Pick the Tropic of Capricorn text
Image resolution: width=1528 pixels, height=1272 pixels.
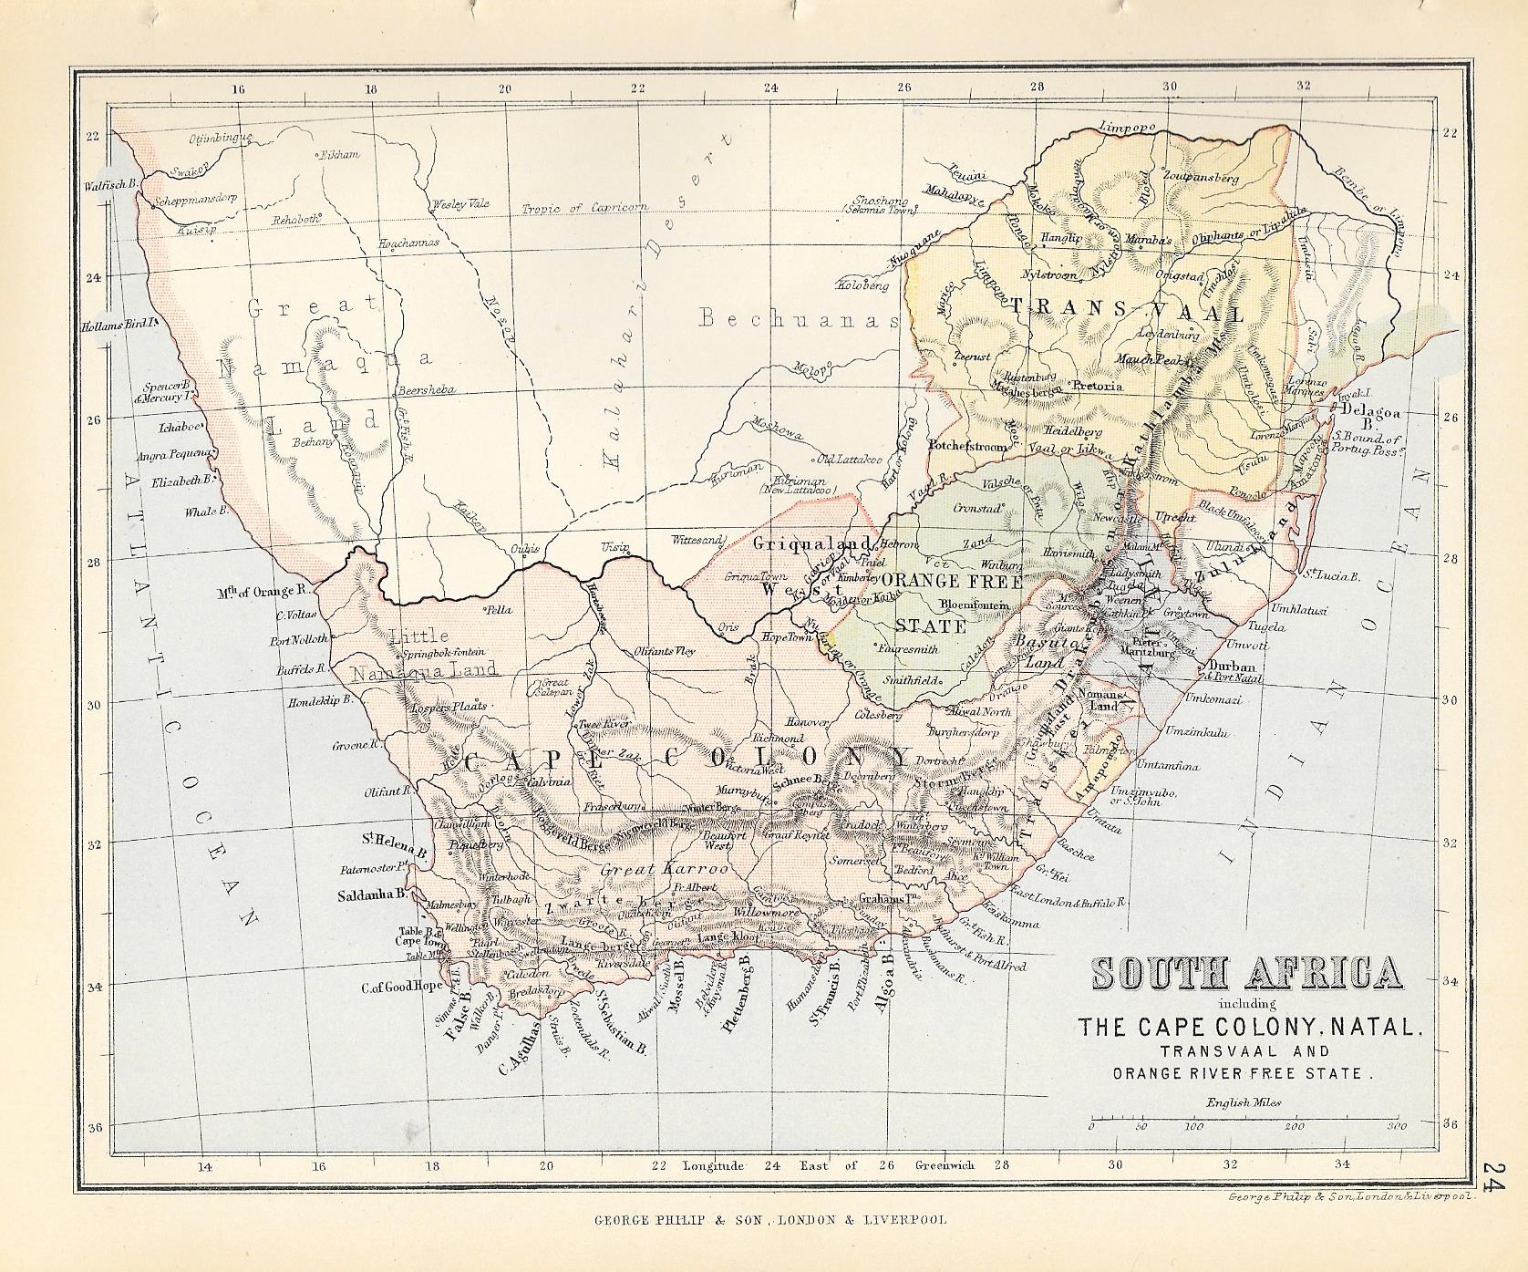[x=584, y=207]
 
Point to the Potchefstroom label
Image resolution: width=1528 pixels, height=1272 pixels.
[x=967, y=447]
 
